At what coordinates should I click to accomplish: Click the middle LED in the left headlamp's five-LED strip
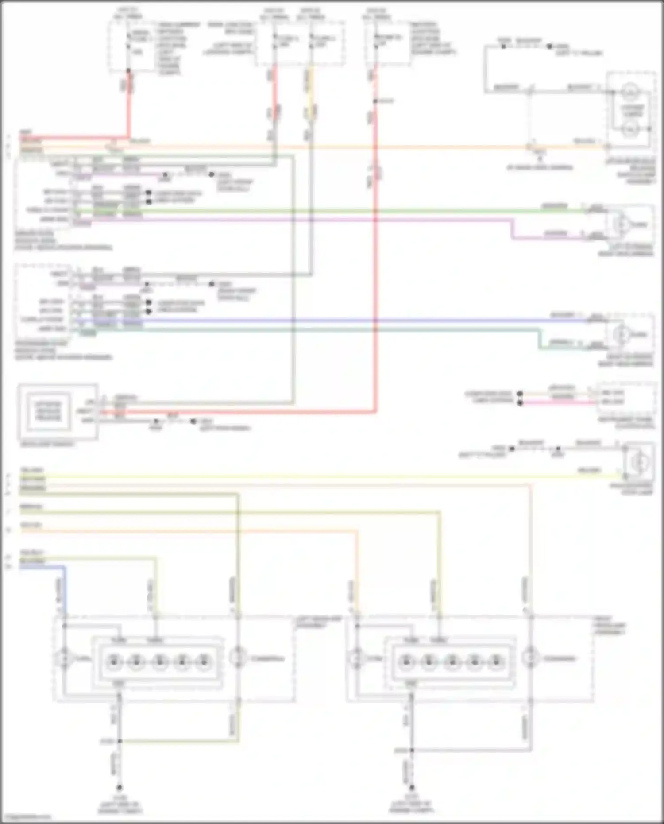click(x=159, y=662)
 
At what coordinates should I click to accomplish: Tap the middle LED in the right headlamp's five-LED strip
click(x=452, y=662)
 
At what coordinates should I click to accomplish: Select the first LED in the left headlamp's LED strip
click(x=114, y=662)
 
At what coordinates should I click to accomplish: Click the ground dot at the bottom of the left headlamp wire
click(x=119, y=788)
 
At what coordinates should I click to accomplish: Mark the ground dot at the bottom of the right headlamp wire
click(x=411, y=788)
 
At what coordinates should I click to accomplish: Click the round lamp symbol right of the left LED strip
click(x=238, y=658)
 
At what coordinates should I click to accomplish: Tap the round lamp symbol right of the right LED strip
click(x=530, y=658)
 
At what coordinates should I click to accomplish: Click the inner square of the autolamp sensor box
click(x=48, y=411)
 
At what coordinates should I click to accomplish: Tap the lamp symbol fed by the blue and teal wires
click(x=622, y=334)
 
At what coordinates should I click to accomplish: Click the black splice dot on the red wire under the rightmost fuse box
click(x=375, y=101)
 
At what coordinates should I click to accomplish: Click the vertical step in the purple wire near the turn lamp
click(x=513, y=229)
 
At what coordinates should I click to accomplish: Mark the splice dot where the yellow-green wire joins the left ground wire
click(x=119, y=741)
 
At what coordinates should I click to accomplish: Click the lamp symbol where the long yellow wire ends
click(x=638, y=462)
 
